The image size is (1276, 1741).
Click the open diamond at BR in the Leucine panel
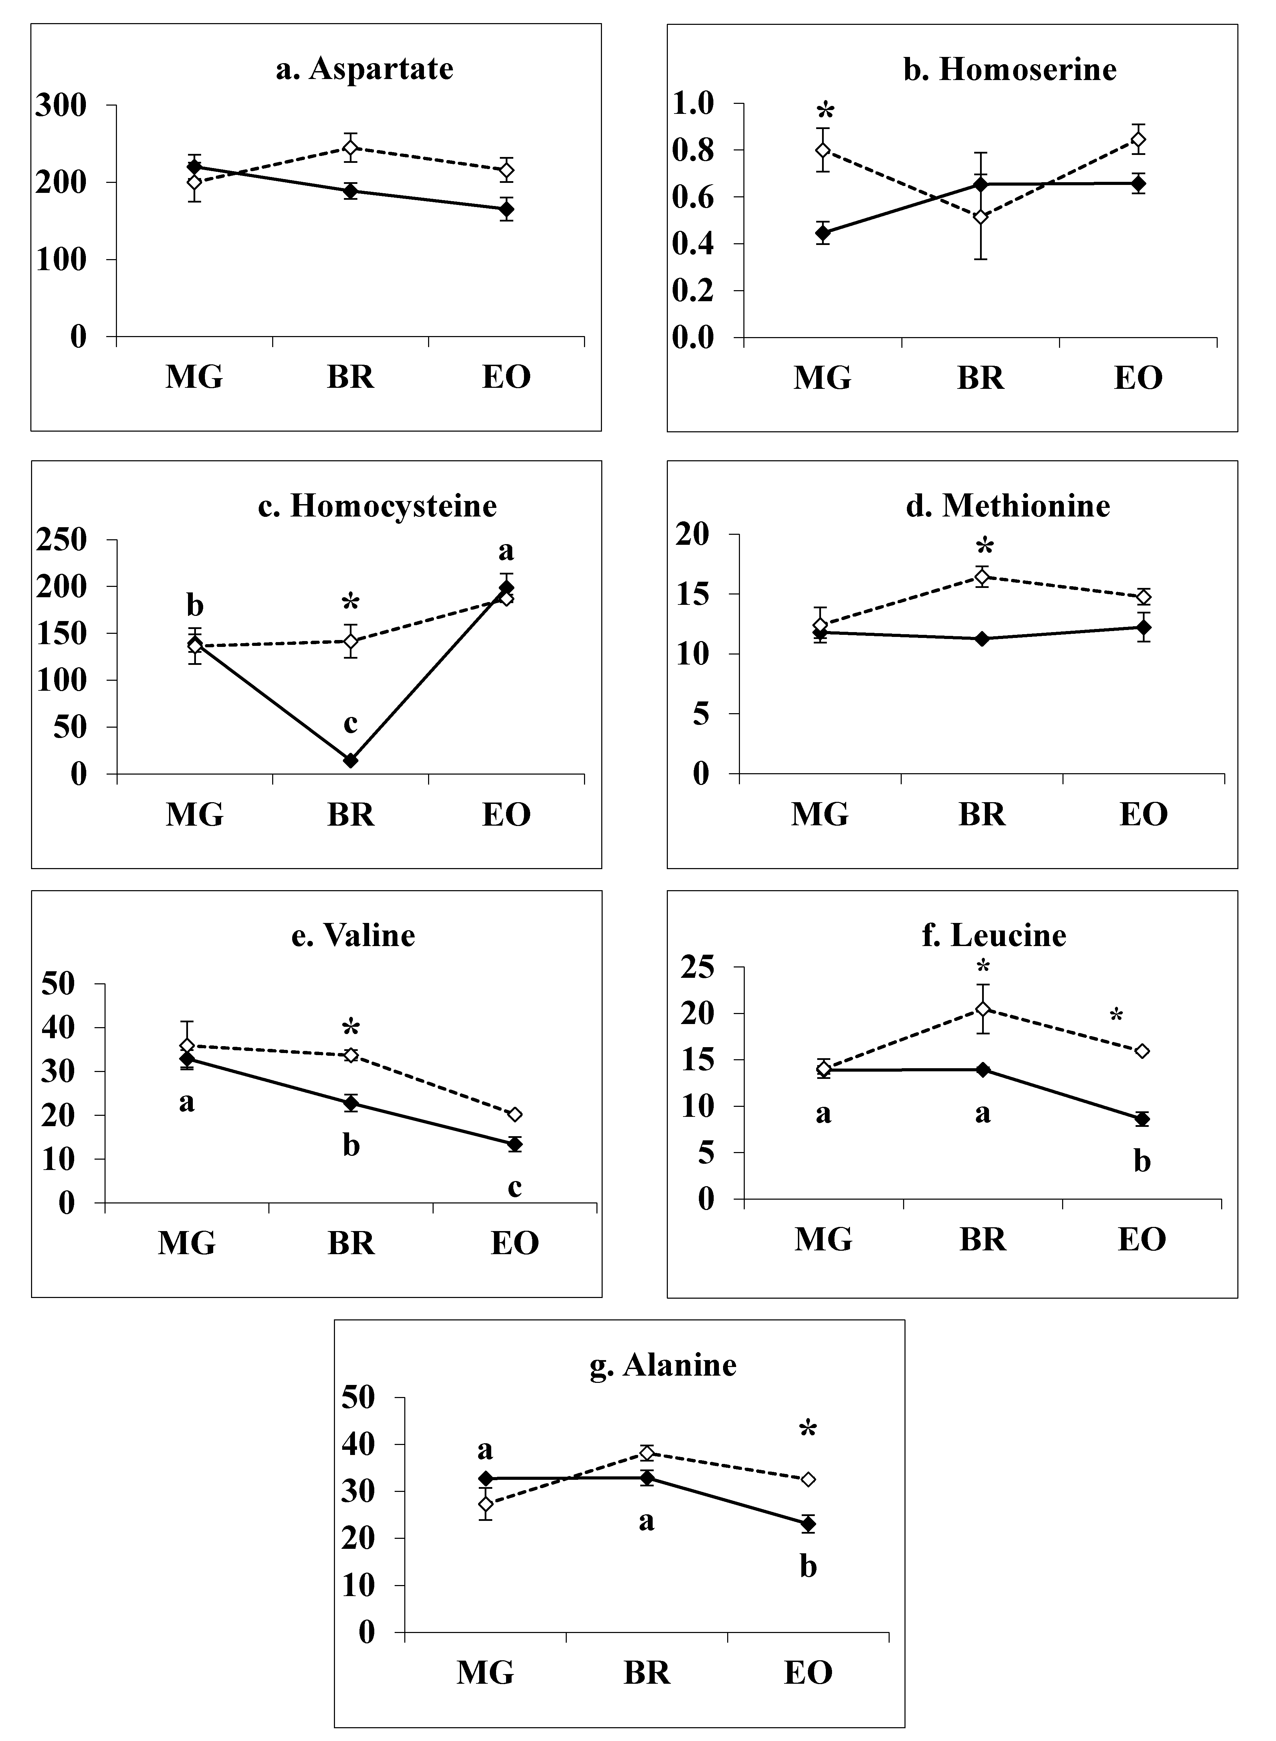[x=982, y=1009]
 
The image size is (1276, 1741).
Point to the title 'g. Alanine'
[x=663, y=1365]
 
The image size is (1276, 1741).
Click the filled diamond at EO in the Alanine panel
[x=808, y=1524]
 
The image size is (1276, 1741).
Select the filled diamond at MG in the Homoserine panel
[x=823, y=232]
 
